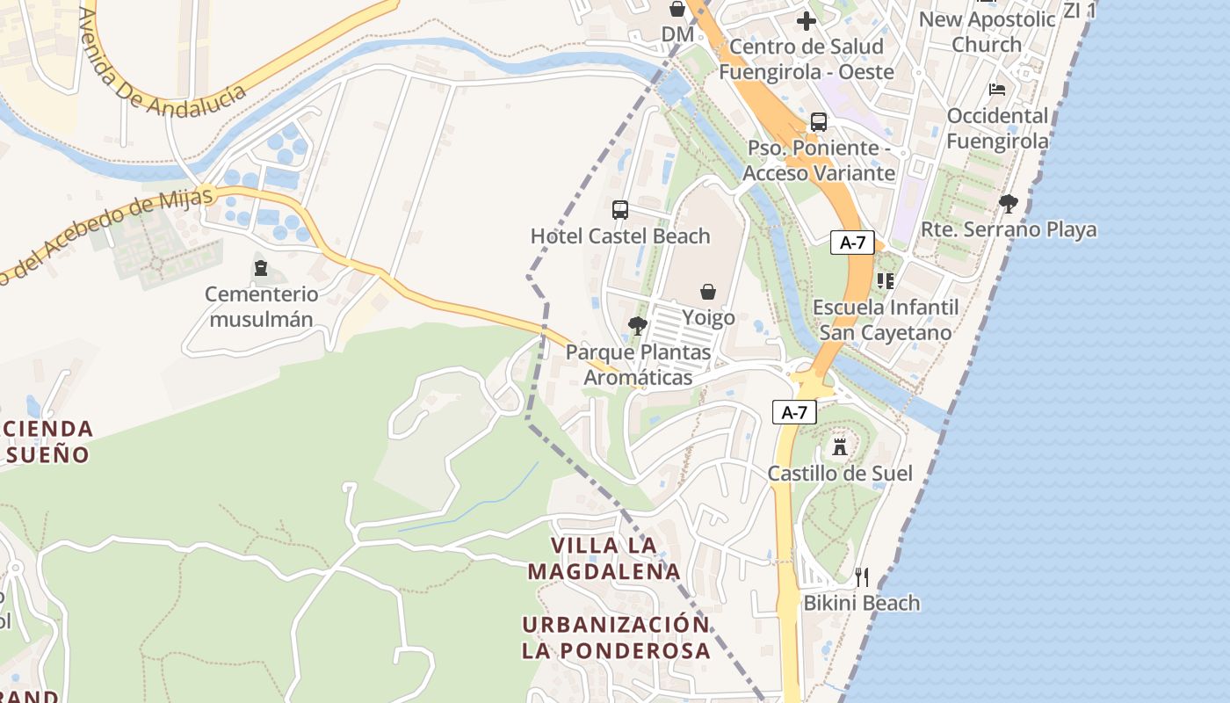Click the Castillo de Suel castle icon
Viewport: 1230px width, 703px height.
[840, 446]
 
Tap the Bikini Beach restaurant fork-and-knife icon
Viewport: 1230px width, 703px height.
[862, 576]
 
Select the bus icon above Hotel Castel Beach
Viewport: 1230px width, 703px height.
[620, 210]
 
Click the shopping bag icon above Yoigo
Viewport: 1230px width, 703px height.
[708, 292]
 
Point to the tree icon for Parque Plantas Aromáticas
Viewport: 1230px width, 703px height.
[638, 326]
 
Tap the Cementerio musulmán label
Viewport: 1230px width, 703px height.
[262, 306]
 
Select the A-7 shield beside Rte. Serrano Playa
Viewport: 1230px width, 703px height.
[852, 243]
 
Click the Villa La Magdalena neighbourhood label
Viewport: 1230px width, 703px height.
[604, 558]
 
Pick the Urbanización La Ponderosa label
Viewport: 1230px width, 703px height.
[616, 637]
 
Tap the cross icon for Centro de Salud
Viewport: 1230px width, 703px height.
[807, 21]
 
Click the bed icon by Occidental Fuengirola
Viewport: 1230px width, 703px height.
[997, 90]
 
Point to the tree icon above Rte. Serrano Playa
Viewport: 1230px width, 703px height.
[1009, 204]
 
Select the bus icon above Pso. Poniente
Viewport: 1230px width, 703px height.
[819, 122]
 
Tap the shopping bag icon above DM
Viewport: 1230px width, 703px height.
[677, 9]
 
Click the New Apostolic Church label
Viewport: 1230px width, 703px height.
[987, 31]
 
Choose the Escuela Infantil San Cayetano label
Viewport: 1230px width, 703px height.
[886, 320]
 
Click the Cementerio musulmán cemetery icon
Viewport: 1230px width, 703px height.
[261, 267]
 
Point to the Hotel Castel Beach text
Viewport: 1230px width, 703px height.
[620, 236]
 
